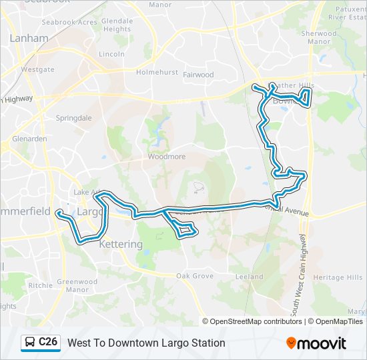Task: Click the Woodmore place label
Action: coord(165,158)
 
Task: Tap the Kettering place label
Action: coord(121,245)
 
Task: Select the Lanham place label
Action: coord(29,39)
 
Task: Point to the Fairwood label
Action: coord(198,75)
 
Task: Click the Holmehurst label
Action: coord(155,71)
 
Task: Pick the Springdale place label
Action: coord(73,118)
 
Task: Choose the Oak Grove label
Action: coord(194,276)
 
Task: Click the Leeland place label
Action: coord(249,277)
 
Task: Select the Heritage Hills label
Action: coord(338,277)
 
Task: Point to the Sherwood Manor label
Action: coord(319,37)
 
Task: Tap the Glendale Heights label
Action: coord(117,25)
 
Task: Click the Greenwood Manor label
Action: coord(73,285)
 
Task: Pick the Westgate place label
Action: coord(37,69)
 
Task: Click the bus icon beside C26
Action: coord(30,343)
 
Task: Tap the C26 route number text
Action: coord(48,343)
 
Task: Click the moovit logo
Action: coord(316,343)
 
